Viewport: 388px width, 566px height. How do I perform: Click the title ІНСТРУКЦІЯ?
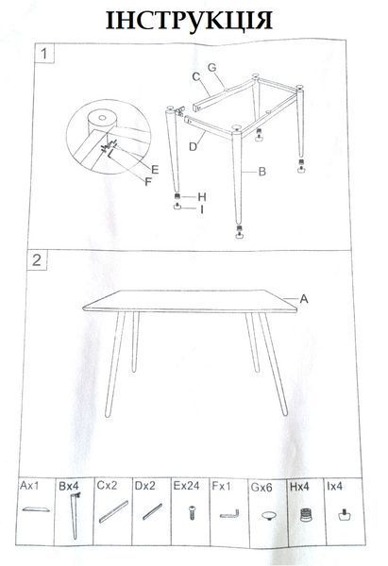click(189, 21)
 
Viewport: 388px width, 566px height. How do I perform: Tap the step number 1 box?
click(44, 54)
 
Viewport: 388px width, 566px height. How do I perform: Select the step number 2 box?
click(37, 260)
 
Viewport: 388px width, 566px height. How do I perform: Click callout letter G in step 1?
click(212, 68)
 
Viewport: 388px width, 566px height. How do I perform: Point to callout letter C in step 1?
click(196, 76)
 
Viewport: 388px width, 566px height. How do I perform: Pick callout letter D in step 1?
click(194, 146)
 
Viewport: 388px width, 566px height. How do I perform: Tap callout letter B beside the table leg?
click(262, 172)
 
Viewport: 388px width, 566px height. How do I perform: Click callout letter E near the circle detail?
click(155, 169)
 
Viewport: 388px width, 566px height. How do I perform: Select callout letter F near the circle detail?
click(148, 181)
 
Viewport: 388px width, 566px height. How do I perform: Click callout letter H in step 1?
click(202, 197)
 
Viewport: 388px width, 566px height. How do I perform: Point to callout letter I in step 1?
click(202, 209)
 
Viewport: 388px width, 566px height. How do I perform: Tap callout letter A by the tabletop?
click(304, 299)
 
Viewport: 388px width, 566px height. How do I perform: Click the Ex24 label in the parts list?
click(186, 486)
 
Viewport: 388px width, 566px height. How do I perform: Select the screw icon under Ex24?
click(193, 512)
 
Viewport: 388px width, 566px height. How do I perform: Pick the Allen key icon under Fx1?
click(229, 514)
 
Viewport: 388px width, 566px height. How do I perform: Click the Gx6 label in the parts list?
click(261, 488)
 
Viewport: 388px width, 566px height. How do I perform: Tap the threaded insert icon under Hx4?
click(306, 514)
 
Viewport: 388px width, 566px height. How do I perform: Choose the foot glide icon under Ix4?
click(345, 514)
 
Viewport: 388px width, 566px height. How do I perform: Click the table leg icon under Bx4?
click(75, 515)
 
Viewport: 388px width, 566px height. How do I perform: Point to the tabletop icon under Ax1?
click(36, 509)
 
